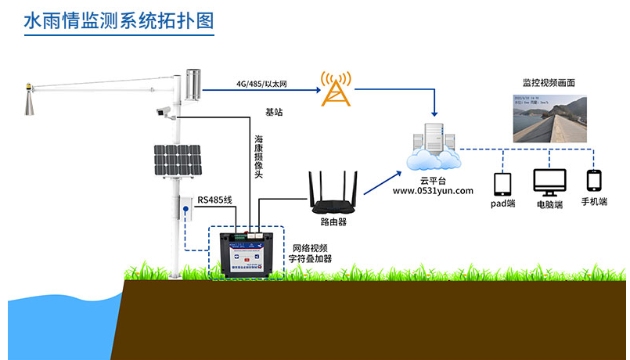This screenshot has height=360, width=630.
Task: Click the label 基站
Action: [x=274, y=113]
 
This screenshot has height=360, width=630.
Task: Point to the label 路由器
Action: [x=333, y=222]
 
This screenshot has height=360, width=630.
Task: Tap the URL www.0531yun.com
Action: [x=433, y=190]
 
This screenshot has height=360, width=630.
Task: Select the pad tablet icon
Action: [x=502, y=184]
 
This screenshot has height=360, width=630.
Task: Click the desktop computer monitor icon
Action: [x=549, y=183]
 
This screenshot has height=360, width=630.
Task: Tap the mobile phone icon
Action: [x=593, y=181]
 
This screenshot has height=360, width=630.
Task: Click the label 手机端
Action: [x=594, y=203]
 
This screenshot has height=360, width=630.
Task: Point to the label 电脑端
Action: [x=549, y=204]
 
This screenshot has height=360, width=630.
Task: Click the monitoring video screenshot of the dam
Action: [x=549, y=118]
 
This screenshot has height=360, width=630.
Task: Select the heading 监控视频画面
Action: [x=549, y=83]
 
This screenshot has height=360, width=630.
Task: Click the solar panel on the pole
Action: [x=178, y=162]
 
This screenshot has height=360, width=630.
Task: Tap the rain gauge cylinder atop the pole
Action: [x=192, y=83]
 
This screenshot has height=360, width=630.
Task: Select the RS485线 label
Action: [x=215, y=200]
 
